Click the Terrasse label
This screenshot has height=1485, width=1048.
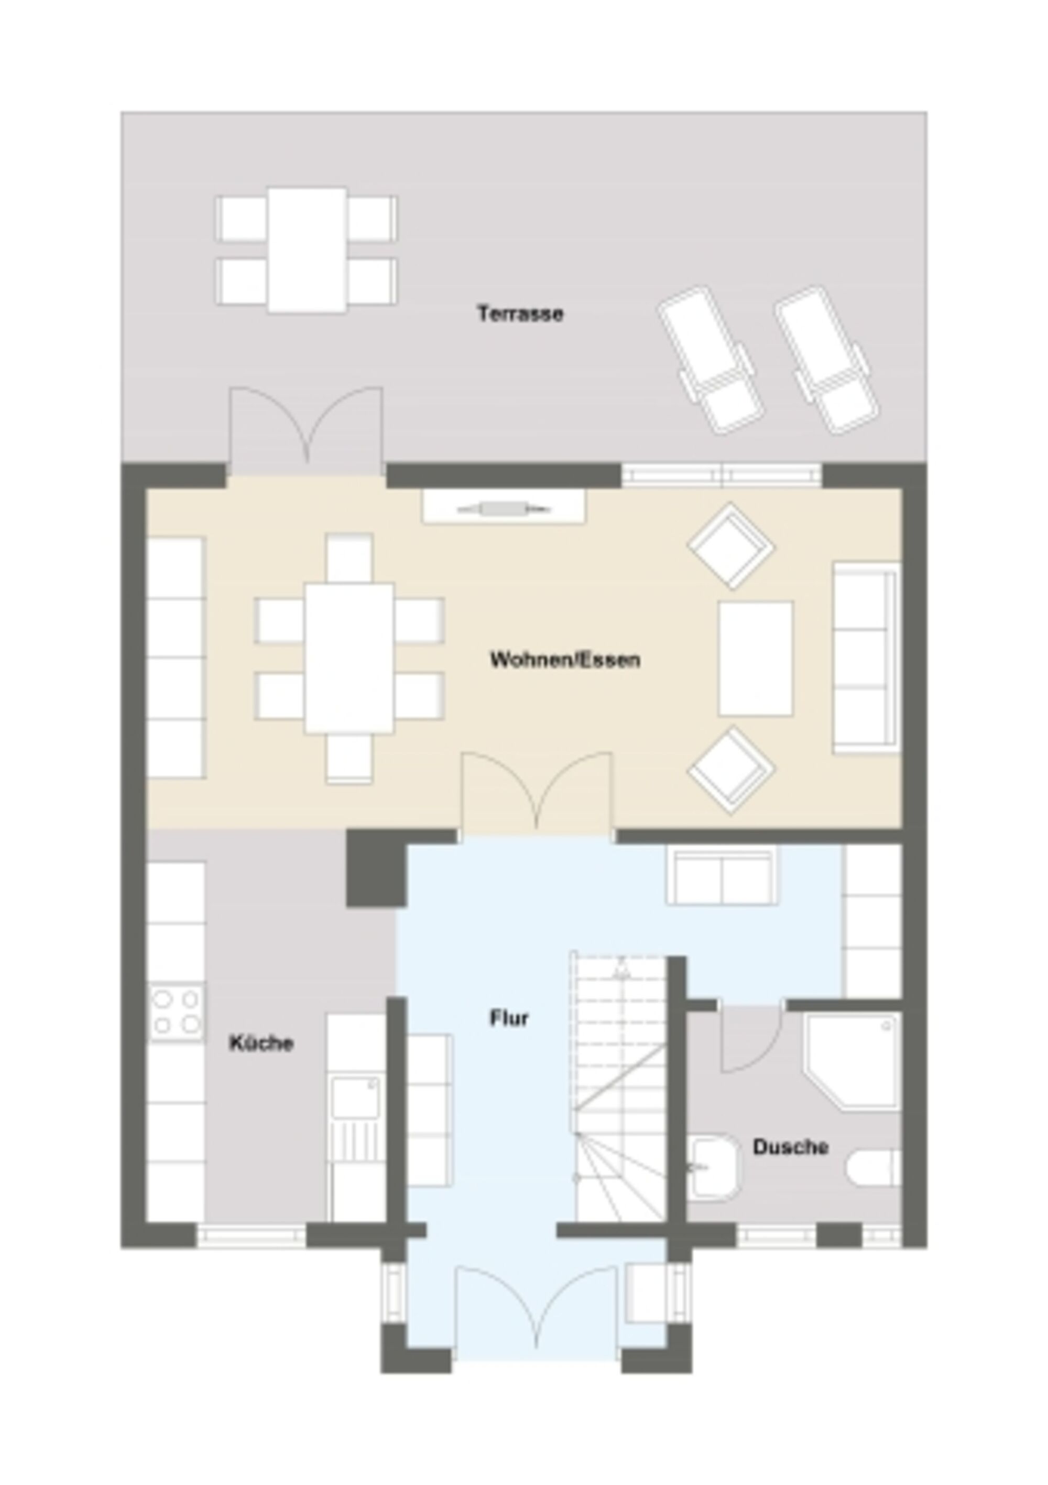tap(520, 314)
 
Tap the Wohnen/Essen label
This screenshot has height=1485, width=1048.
tap(565, 660)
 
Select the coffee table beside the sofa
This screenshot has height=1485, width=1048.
tap(756, 659)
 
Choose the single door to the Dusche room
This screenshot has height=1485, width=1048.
tap(750, 1039)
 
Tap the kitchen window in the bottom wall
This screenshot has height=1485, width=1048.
tap(251, 1236)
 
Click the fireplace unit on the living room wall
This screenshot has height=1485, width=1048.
tap(504, 507)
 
